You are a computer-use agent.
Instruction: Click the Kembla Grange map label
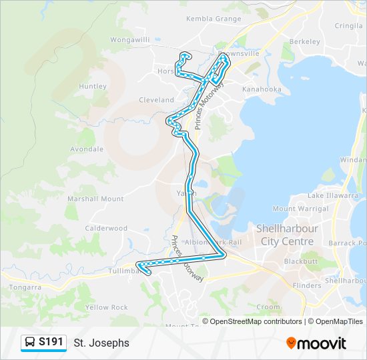(214, 19)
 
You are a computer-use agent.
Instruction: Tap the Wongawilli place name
(131, 39)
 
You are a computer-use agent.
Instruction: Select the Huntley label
(93, 86)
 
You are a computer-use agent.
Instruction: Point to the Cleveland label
(156, 100)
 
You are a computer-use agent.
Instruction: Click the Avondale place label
(87, 149)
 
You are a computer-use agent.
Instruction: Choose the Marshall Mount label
(95, 199)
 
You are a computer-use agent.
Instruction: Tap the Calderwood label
(106, 228)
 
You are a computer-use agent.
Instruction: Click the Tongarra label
(26, 287)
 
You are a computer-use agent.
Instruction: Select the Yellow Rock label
(106, 307)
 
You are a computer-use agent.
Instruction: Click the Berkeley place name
(305, 41)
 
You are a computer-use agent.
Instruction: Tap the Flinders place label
(307, 285)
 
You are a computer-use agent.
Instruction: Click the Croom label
(268, 307)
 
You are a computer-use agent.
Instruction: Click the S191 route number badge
(44, 343)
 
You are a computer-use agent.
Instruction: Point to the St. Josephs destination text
(101, 343)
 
